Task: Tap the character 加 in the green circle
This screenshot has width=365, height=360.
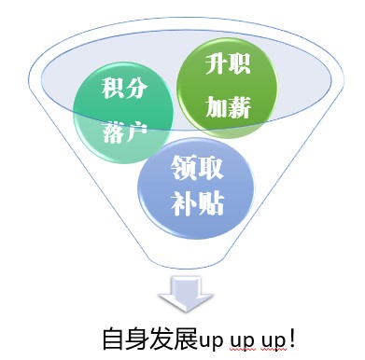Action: click(218, 104)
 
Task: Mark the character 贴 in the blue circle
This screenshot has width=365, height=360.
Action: click(211, 202)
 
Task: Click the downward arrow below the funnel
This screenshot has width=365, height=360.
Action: click(180, 297)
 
